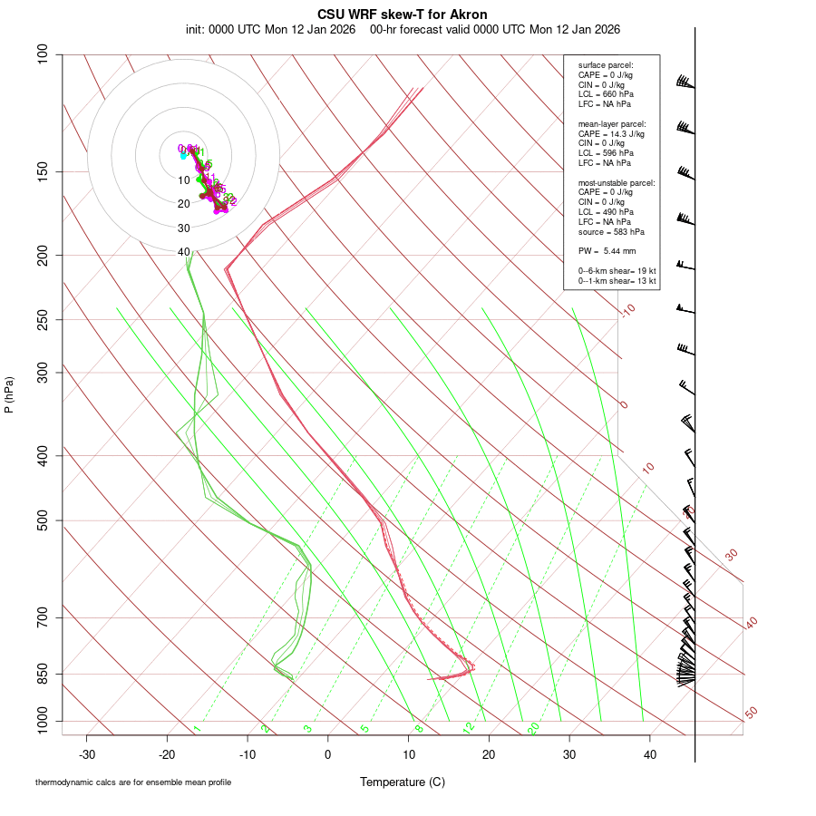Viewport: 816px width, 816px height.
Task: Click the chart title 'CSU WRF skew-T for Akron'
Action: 403,15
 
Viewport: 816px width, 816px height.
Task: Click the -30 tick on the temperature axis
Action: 87,754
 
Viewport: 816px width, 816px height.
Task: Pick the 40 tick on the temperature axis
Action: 649,754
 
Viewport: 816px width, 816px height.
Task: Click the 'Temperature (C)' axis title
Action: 403,782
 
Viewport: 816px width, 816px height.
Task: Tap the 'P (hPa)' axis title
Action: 9,395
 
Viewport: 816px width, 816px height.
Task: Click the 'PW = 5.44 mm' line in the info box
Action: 607,250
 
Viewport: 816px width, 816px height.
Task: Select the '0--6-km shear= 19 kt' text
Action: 617,271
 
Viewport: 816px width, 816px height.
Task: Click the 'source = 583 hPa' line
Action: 611,232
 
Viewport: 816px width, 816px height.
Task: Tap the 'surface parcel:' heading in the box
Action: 606,65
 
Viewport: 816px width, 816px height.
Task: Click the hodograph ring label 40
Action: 184,252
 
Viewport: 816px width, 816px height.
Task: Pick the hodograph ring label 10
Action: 184,180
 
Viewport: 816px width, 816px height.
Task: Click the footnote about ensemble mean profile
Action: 133,782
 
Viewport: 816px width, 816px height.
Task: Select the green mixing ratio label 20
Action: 534,728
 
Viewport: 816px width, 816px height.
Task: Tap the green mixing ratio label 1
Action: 197,729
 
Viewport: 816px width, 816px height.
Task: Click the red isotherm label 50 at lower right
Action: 751,714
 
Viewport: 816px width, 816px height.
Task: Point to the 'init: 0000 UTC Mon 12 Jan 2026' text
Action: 270,29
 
